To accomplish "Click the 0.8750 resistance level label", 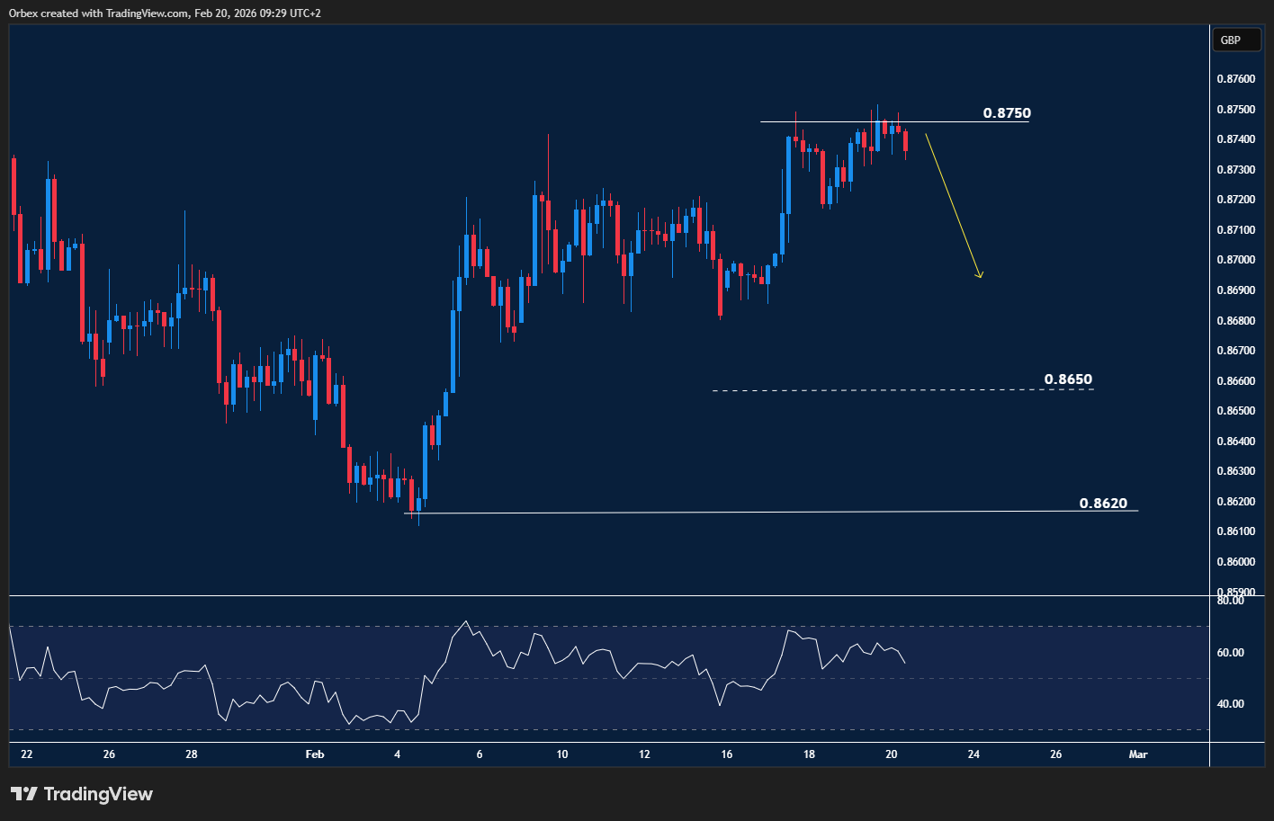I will click(1007, 113).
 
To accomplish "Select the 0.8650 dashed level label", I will click(1068, 379).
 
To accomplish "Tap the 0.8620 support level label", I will click(1103, 504).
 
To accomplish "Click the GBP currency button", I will click(1230, 40).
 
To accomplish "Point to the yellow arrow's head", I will click(980, 276).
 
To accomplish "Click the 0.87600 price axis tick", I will click(1235, 79).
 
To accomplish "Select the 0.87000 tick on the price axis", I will click(1235, 260).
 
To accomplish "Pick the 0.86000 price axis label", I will click(1235, 562).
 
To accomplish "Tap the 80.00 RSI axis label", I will click(1230, 601).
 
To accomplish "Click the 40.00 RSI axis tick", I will click(1230, 704).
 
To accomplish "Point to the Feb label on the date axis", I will click(314, 754).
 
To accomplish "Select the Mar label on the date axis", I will click(1138, 754).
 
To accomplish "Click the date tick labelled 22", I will click(26, 754).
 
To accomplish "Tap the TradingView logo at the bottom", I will click(82, 794).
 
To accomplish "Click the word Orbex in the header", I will click(23, 13).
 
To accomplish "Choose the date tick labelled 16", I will click(726, 754).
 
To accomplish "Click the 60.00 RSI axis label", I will click(1230, 653).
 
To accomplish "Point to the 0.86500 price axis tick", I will click(1235, 411).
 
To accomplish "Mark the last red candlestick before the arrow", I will click(905, 141).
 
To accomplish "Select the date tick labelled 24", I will click(973, 754).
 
